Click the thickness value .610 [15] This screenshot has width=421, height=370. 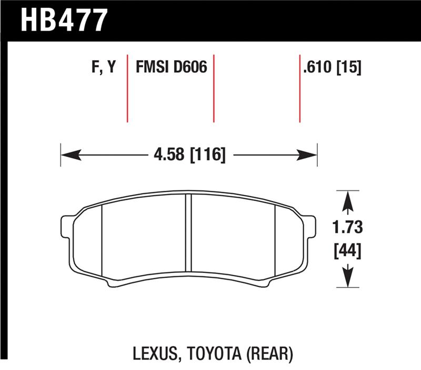click(x=332, y=67)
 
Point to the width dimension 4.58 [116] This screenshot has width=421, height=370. click(x=189, y=155)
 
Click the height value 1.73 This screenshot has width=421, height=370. click(x=347, y=228)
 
